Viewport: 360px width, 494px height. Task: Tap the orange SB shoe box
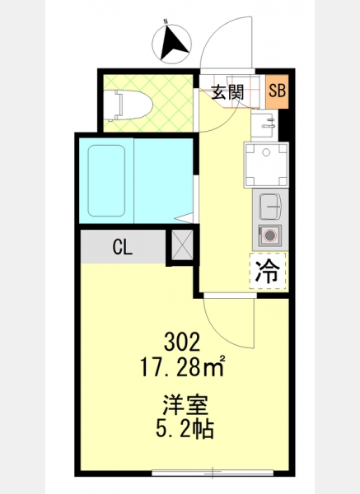(277, 91)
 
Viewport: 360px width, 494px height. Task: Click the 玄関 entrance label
(227, 92)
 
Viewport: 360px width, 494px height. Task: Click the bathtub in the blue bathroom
(106, 180)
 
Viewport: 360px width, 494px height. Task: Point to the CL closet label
(123, 247)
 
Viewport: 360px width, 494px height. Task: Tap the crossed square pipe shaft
(182, 245)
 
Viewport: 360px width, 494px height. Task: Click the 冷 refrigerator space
(267, 271)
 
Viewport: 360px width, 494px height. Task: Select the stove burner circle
(269, 235)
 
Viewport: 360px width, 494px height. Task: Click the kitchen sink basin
(270, 207)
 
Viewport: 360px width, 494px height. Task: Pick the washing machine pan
(266, 165)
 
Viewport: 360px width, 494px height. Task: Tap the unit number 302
(182, 343)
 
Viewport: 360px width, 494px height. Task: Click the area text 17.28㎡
(183, 367)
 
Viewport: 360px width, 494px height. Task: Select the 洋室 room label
(185, 405)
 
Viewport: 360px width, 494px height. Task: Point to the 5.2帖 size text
(185, 429)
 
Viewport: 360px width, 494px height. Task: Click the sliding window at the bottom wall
(213, 473)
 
